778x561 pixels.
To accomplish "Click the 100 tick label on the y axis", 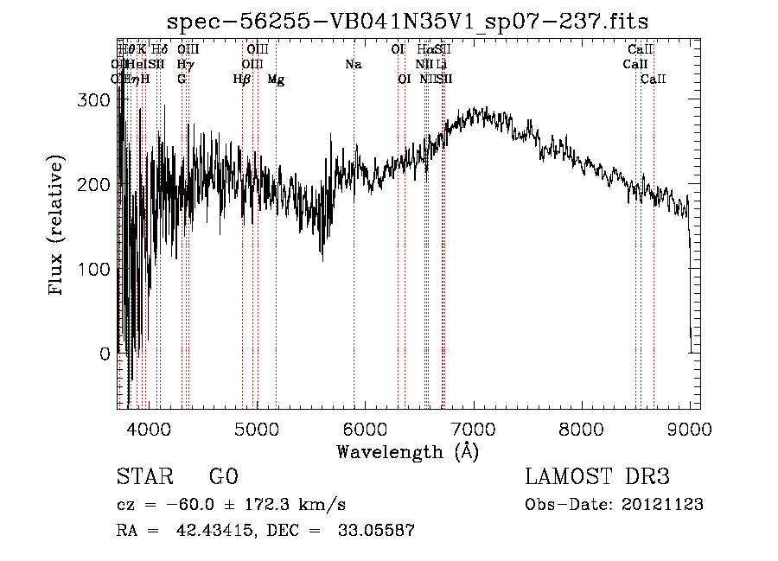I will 97,269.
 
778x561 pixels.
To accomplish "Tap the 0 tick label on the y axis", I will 105,354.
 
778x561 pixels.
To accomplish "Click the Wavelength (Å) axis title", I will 408,451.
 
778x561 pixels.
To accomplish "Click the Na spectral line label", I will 353,64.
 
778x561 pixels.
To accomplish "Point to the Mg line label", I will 276,80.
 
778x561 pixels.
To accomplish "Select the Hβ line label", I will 242,80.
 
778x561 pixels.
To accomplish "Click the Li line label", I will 442,64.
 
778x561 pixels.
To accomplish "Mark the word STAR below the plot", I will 143,477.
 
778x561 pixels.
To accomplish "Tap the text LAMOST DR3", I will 597,477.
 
